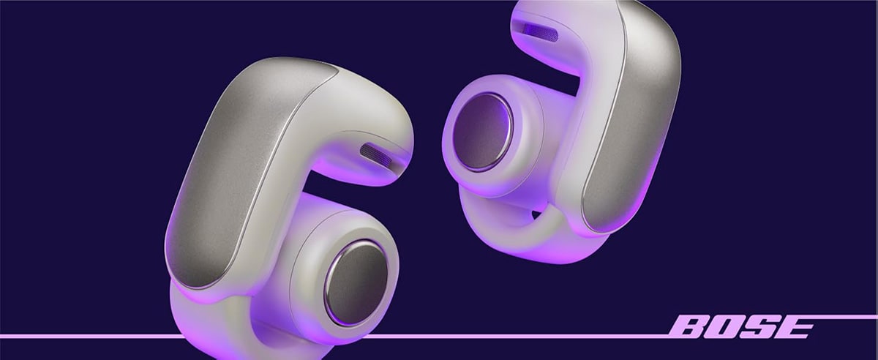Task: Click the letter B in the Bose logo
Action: coord(690,327)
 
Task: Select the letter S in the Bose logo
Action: coord(759,327)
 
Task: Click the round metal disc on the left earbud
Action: coord(356,282)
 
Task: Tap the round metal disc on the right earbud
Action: coord(482,132)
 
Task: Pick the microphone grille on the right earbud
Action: coord(540,31)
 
